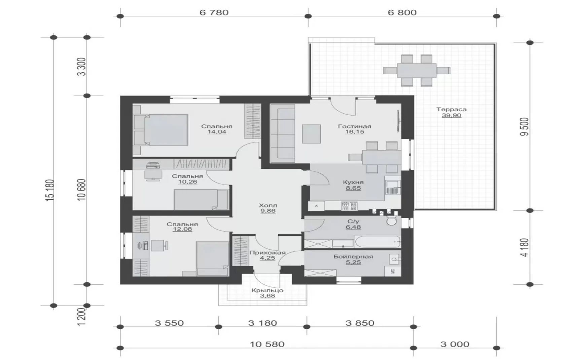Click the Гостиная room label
(354, 126)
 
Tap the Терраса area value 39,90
(451, 116)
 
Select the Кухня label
(353, 182)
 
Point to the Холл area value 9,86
(268, 211)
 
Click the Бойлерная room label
(353, 256)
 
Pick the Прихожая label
(268, 252)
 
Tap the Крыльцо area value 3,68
(268, 296)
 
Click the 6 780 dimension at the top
(214, 12)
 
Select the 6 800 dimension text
(402, 12)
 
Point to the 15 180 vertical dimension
(50, 190)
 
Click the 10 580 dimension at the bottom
(267, 344)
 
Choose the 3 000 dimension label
(455, 344)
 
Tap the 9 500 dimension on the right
(524, 127)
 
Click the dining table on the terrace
(417, 71)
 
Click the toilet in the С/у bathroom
(391, 220)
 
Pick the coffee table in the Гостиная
(311, 134)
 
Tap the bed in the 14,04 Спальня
(161, 130)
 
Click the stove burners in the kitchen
(349, 206)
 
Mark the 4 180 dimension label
(525, 247)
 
